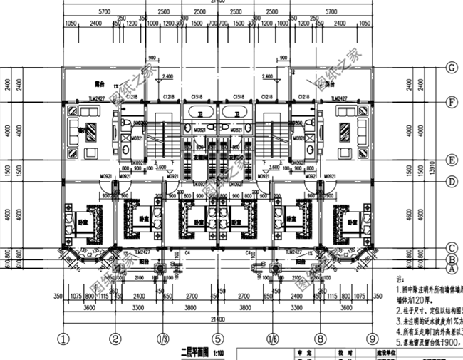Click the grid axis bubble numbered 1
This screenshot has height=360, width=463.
click(x=64, y=339)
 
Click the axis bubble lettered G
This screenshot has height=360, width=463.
click(x=450, y=68)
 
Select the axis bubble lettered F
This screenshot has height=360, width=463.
click(x=450, y=102)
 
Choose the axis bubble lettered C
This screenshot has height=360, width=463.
click(x=450, y=249)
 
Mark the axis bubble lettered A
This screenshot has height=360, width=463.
click(x=450, y=269)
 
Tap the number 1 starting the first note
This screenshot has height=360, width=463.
click(x=397, y=292)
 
